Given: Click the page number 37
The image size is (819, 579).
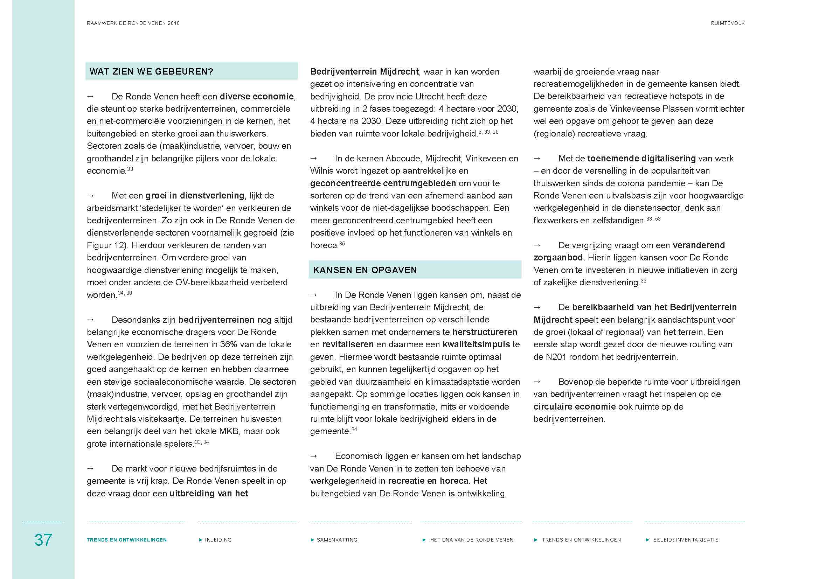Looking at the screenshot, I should pos(43,540).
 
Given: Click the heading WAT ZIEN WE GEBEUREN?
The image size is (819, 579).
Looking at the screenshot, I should pos(151,72).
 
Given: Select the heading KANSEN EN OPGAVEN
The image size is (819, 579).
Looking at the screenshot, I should pos(365,270).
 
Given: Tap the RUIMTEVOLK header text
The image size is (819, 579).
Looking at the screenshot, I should pos(727,23).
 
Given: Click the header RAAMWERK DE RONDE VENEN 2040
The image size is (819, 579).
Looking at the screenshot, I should pos(133,23).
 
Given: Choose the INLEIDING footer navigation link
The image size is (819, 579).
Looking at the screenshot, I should pos(218,540).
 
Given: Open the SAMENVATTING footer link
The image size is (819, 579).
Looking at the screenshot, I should pos(337,540).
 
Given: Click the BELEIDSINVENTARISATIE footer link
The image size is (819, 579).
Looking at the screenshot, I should pos(685,540).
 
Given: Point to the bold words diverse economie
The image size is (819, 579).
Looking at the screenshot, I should pos(257,97).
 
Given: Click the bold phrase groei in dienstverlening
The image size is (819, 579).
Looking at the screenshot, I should pos(195,196).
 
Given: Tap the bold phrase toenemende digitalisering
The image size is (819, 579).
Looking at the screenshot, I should pos(641,158).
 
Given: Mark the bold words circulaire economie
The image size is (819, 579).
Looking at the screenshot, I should pos(574,407).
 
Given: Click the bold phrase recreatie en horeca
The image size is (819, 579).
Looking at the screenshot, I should pos(428,481).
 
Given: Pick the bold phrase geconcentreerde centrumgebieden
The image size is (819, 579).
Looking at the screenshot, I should pos(383,183).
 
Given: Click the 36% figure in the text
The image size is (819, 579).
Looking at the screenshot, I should pos(228,344).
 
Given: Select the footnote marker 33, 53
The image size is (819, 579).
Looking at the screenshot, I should pos(653,218).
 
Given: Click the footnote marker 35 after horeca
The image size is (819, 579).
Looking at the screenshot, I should pos(342,244).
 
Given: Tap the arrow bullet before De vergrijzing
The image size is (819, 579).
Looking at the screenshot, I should pos(537,245).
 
